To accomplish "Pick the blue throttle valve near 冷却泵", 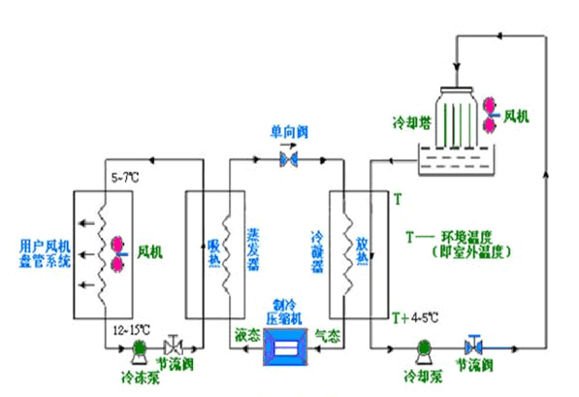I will [x=474, y=346].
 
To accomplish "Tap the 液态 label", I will [x=245, y=335].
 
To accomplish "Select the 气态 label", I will [x=329, y=335].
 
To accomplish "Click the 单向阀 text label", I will [x=287, y=130].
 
